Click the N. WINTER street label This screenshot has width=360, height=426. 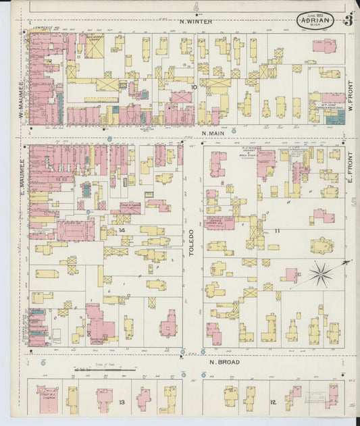(196, 22)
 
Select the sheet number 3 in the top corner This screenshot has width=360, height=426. (348, 20)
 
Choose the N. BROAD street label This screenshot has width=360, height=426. (221, 362)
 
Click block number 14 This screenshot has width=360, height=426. (122, 230)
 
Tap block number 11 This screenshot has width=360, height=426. (277, 230)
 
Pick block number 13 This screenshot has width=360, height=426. (122, 402)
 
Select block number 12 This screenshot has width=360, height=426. (273, 403)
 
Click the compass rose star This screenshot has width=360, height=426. (321, 273)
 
